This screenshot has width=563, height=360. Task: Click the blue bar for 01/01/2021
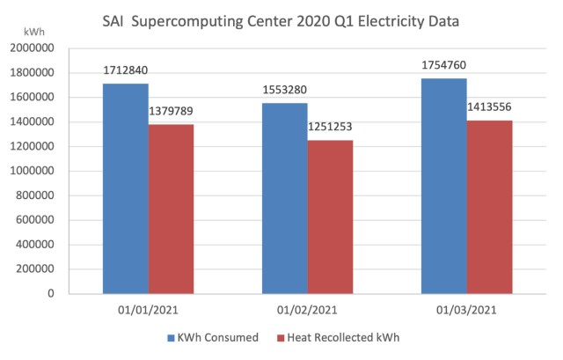click(x=126, y=188)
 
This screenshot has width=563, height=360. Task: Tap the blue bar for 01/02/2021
click(x=285, y=198)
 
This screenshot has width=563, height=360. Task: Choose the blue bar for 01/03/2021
click(x=444, y=186)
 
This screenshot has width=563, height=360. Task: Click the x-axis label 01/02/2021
click(x=307, y=310)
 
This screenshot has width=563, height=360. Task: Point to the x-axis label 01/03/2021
click(x=466, y=310)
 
